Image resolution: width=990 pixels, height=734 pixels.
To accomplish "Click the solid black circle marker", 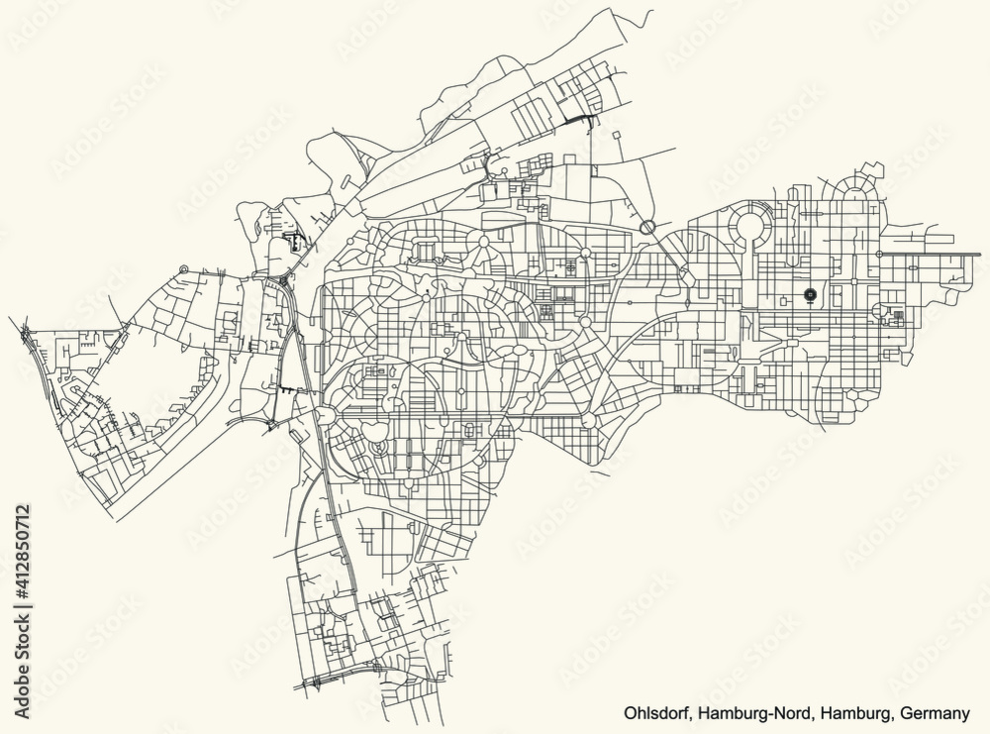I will point(811,294).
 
